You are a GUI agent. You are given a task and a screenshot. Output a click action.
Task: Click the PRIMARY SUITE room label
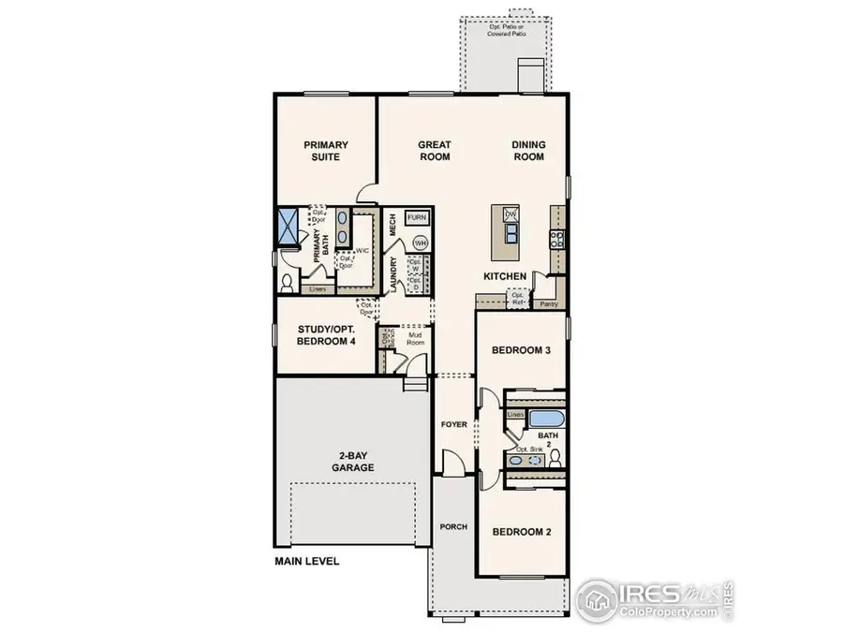click(x=326, y=151)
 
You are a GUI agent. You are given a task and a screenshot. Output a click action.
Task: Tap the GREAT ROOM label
click(x=435, y=151)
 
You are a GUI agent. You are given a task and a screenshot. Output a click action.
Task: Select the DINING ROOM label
click(x=528, y=151)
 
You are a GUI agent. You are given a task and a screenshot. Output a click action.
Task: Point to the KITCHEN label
click(x=503, y=277)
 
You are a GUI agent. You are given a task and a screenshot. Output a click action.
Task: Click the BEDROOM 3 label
click(x=520, y=351)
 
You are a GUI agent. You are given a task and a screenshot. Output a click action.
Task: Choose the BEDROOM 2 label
click(x=522, y=532)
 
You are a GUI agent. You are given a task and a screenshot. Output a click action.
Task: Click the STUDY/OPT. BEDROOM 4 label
click(x=326, y=335)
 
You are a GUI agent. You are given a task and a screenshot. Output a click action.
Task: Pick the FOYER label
click(x=454, y=425)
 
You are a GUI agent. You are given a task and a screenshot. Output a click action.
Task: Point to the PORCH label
click(x=454, y=527)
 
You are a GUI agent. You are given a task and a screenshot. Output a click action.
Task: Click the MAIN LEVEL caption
click(x=306, y=563)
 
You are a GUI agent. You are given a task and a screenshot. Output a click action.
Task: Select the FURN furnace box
click(x=417, y=218)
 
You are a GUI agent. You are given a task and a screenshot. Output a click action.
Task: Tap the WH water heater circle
click(x=421, y=243)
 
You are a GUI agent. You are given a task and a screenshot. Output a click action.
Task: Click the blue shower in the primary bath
click(x=286, y=227)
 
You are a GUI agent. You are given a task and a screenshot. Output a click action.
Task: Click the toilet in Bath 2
click(x=555, y=458)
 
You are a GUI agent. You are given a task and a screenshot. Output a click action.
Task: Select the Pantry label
click(x=549, y=304)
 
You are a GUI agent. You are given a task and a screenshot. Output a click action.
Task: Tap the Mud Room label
click(x=415, y=338)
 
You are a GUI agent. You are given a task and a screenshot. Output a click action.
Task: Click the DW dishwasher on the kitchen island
click(x=510, y=215)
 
